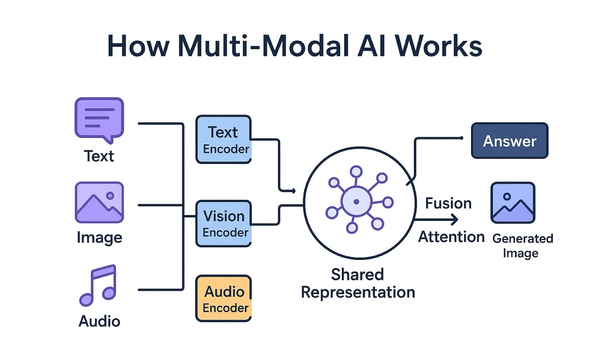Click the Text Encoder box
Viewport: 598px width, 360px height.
(223, 140)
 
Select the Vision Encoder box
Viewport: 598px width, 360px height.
(223, 223)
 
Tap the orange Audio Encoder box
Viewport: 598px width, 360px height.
(223, 299)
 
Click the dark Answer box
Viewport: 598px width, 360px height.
(509, 141)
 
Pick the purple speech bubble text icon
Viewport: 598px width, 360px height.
(99, 119)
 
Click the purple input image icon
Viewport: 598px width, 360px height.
(99, 202)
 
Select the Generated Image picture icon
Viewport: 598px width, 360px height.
(513, 202)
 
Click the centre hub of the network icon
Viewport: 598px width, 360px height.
(356, 201)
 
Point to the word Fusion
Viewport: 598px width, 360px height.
(448, 203)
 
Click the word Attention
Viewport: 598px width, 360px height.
(451, 237)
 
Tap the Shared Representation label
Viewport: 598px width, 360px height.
(358, 284)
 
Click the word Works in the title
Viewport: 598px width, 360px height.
(438, 46)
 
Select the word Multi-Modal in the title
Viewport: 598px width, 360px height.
(263, 46)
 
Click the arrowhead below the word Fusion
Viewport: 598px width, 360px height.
(455, 219)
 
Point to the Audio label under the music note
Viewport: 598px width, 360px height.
(99, 321)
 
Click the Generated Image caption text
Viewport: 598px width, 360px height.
(522, 246)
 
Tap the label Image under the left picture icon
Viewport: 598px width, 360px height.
(99, 237)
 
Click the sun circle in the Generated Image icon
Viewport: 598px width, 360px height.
(507, 196)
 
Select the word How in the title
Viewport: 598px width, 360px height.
(138, 46)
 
